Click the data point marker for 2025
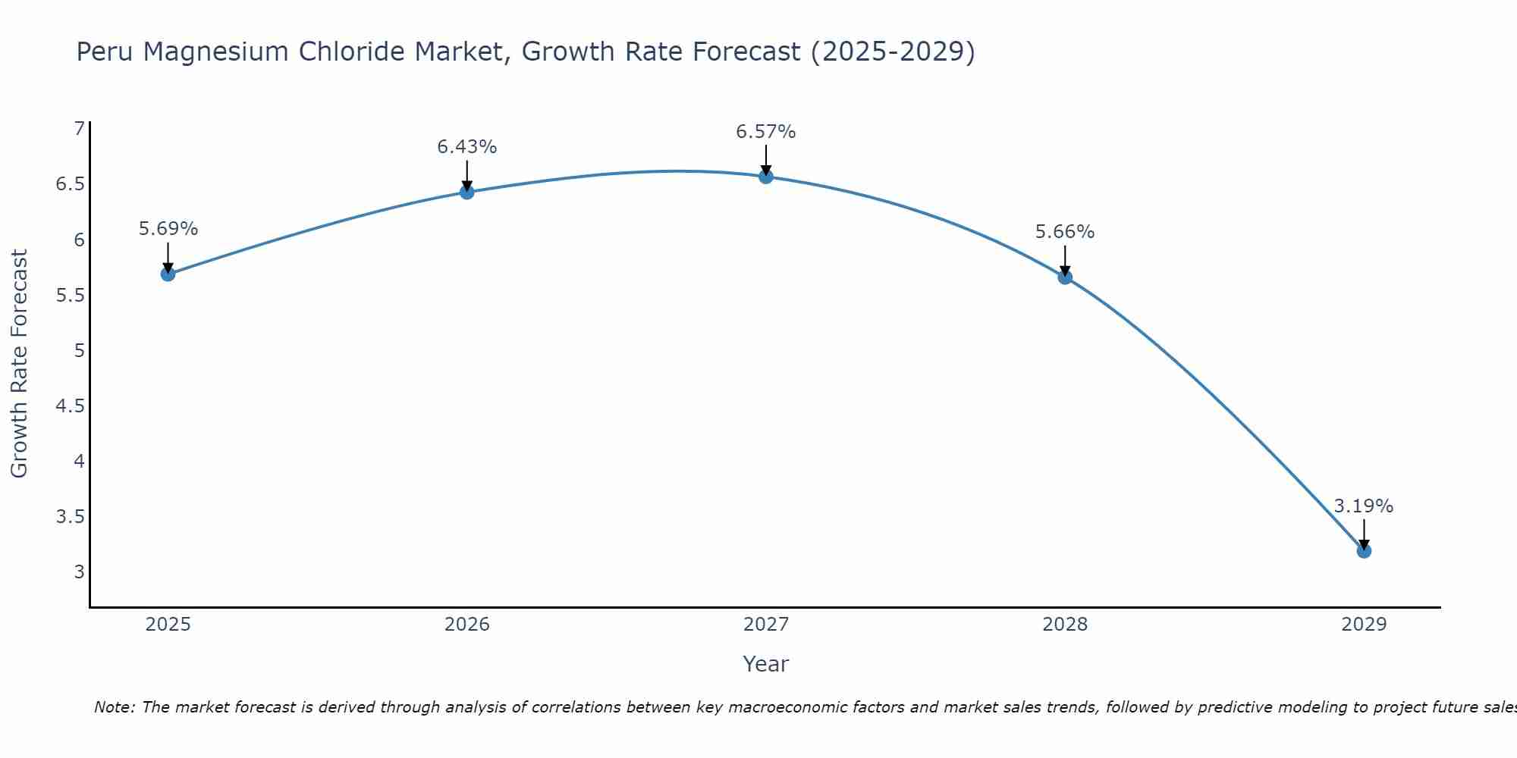pos(168,274)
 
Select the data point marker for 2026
pos(467,192)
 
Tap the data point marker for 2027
pos(766,177)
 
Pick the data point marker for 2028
pos(1065,277)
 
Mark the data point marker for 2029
pos(1364,550)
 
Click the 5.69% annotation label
pos(168,229)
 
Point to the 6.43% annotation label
pos(467,147)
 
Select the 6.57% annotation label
pos(766,132)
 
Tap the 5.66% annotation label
pos(1065,232)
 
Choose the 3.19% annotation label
pos(1364,506)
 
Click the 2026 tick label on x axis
pos(467,625)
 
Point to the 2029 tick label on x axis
pos(1364,625)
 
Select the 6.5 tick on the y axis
pos(70,184)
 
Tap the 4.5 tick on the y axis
pos(70,406)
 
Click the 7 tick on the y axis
pos(79,129)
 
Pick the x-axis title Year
pos(766,664)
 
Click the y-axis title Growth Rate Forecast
pos(19,364)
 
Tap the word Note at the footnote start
pos(114,707)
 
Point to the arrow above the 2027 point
pos(766,159)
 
